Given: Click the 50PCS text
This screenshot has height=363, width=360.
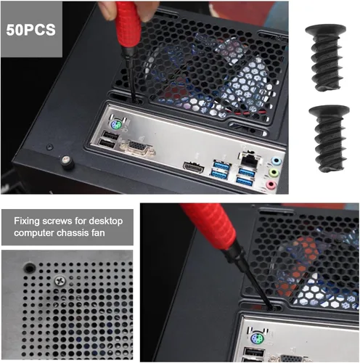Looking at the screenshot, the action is click(30, 30).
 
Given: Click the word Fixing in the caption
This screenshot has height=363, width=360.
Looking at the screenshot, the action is click(27, 221).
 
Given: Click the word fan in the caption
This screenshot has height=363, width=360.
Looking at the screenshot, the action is click(98, 233).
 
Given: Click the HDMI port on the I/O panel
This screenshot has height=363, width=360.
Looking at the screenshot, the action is click(193, 167).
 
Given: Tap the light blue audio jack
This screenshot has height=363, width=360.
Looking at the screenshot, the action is click(277, 161).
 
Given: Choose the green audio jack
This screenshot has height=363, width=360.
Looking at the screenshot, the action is click(274, 173).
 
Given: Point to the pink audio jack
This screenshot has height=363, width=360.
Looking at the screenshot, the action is click(271, 185).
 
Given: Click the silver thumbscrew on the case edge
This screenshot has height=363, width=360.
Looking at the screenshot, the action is click(67, 162).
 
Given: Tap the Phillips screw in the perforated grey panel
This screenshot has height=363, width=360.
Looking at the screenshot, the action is click(60, 281).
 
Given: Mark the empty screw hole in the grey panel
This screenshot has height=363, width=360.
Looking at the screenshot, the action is click(30, 268).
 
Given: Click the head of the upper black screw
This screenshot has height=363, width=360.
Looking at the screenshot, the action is click(325, 30).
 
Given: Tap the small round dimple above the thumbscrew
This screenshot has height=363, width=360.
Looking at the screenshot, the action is click(50, 147).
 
